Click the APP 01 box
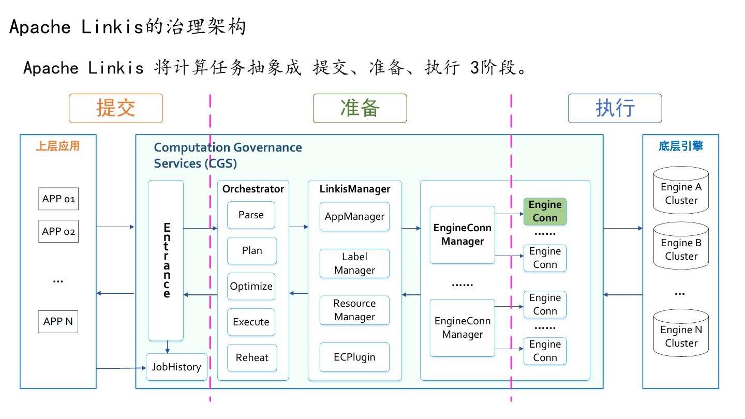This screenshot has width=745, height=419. (x=58, y=199)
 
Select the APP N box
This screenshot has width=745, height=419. (x=58, y=321)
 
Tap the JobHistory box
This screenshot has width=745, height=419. (x=176, y=367)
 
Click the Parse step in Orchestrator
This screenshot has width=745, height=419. (x=251, y=215)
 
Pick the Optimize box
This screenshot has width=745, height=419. (x=251, y=286)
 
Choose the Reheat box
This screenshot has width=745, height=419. (x=251, y=357)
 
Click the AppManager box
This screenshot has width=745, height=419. (x=354, y=216)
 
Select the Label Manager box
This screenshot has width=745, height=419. (x=354, y=263)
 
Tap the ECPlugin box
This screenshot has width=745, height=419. (x=354, y=357)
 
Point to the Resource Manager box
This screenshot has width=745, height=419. (x=354, y=310)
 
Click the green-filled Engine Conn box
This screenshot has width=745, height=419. (x=545, y=211)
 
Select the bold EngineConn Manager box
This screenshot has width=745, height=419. (x=462, y=234)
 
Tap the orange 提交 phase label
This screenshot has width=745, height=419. (x=116, y=108)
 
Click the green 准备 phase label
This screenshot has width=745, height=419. (x=360, y=108)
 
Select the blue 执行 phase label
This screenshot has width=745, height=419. (x=615, y=108)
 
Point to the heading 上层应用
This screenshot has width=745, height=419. (x=58, y=146)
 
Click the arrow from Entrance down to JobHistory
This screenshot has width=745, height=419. (x=167, y=347)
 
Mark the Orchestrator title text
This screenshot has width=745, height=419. (x=253, y=189)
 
